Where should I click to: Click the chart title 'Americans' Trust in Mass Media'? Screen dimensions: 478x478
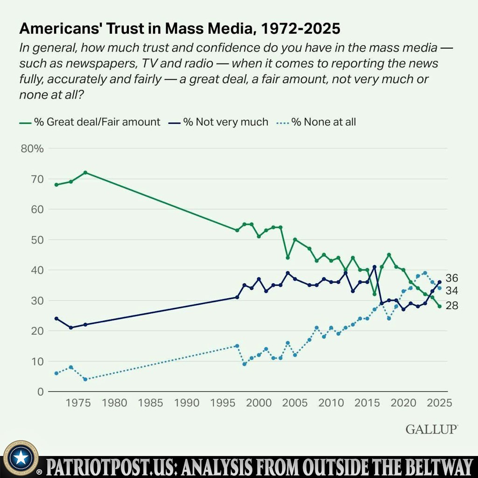(x=180, y=29)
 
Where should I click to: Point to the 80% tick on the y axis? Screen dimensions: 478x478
(x=32, y=149)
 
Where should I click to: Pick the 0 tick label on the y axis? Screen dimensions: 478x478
(x=41, y=392)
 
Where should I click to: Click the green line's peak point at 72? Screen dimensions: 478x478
(x=85, y=173)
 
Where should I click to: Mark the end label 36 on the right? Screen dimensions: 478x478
(x=452, y=278)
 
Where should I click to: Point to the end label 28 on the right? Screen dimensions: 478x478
(x=452, y=306)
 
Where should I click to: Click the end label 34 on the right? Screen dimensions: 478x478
(x=452, y=291)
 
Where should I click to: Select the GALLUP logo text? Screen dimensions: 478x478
(x=431, y=429)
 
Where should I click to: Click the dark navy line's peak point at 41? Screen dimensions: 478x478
(x=374, y=267)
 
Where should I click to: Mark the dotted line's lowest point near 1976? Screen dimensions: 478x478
(x=85, y=379)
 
